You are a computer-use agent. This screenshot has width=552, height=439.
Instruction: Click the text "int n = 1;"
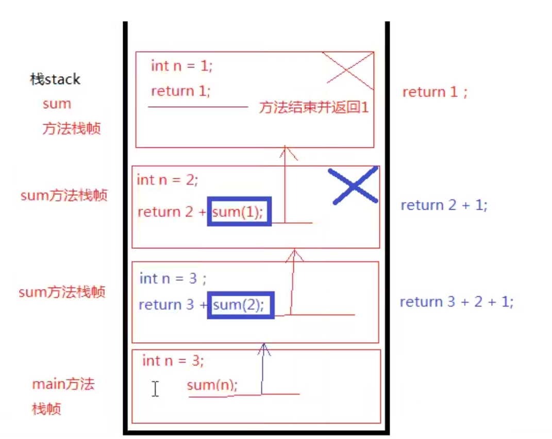coord(181,66)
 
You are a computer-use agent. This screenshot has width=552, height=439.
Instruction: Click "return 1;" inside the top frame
coord(181,91)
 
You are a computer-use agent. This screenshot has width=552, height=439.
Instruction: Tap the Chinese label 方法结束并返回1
coord(314,108)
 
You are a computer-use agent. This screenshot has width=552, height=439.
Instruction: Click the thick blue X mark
coord(354,186)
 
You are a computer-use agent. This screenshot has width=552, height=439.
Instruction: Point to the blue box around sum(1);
coord(240,211)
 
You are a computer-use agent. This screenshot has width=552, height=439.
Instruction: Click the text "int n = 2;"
coord(168,180)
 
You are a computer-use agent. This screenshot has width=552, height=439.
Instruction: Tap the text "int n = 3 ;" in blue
coord(173,279)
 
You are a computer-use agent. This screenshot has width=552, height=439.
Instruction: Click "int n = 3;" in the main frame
coord(173,361)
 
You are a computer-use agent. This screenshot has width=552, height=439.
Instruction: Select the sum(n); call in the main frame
coord(212,385)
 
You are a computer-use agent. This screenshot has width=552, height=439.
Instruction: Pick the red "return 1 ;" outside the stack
coord(434,92)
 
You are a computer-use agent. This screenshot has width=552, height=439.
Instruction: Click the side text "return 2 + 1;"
coord(444,205)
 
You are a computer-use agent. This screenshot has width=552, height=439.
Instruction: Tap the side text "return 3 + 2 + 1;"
coord(457,302)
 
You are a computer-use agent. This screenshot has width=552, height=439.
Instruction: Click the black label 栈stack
coord(55,79)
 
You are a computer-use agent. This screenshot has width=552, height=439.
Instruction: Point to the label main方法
coord(63,384)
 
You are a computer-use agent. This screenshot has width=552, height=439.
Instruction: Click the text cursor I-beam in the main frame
coord(155,389)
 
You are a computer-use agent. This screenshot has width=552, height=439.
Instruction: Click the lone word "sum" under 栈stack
coord(57,104)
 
